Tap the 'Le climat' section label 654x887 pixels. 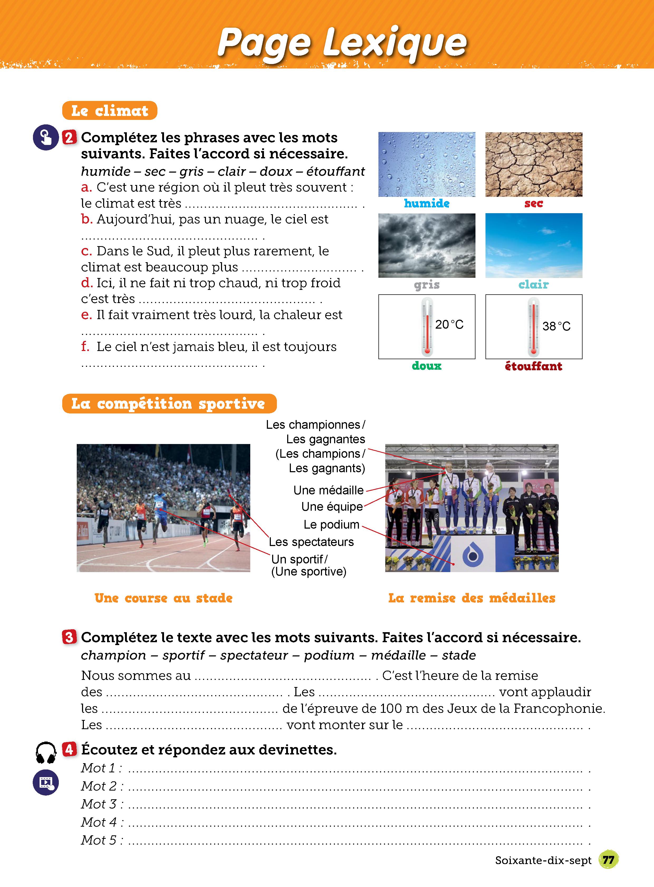110,111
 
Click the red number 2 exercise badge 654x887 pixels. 69,138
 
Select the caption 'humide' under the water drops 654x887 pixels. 426,203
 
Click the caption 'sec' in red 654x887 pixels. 534,203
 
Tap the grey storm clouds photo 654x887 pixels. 426,245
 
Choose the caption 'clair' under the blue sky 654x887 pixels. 534,284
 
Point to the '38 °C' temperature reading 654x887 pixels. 556,326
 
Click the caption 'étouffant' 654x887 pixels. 534,366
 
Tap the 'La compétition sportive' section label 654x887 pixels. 169,403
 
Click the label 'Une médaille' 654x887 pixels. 328,490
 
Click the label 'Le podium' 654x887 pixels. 331,525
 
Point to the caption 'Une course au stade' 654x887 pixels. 163,598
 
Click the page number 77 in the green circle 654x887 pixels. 608,860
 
